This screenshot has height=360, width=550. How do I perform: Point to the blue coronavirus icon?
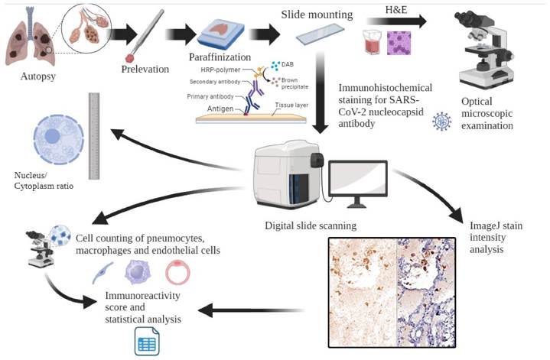(x=441, y=120)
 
